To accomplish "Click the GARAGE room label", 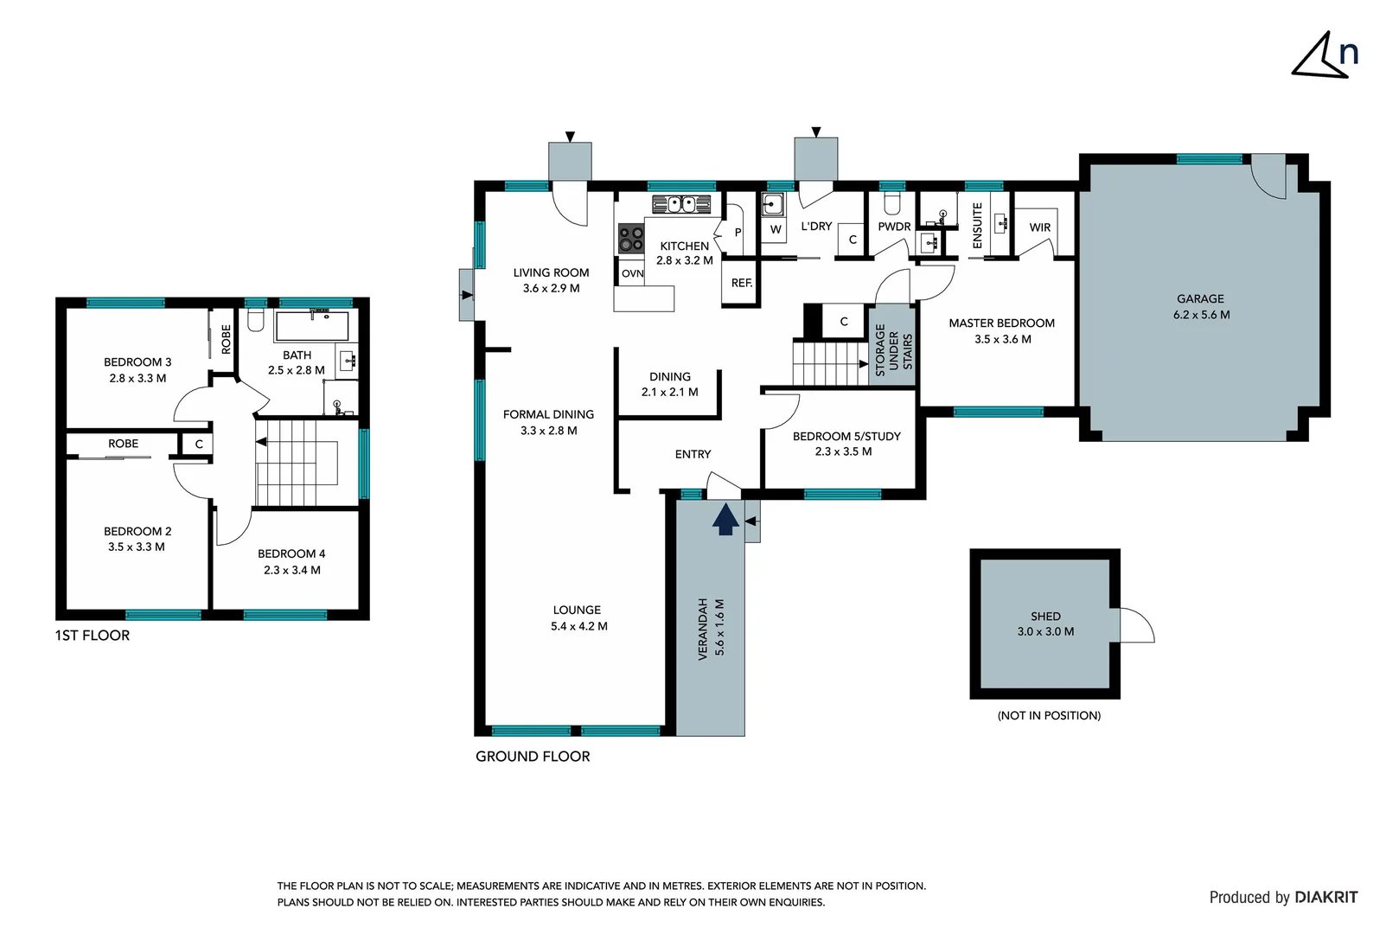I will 1200,299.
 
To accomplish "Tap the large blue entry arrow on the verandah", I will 725,520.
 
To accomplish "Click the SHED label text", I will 1045,617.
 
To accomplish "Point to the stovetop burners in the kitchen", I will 631,239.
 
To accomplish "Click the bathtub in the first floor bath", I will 312,326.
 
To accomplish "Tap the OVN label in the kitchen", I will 632,273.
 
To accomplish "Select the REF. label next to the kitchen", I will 741,283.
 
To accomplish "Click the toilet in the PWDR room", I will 892,203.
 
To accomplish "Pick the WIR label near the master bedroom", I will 1040,227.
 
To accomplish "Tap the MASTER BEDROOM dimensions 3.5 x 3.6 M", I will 1002,339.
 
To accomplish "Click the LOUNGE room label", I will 577,610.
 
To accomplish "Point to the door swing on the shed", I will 1137,625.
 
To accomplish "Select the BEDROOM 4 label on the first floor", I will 291,553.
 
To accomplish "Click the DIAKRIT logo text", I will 1325,898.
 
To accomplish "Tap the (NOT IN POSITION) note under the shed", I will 1049,715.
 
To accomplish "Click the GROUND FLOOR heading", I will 533,756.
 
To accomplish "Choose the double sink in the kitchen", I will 681,204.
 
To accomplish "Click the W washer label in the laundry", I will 776,229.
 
